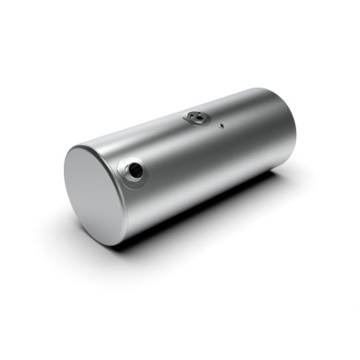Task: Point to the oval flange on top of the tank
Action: [x=196, y=118]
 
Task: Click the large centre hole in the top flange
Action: [x=196, y=117]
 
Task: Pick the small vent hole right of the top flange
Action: [x=220, y=125]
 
